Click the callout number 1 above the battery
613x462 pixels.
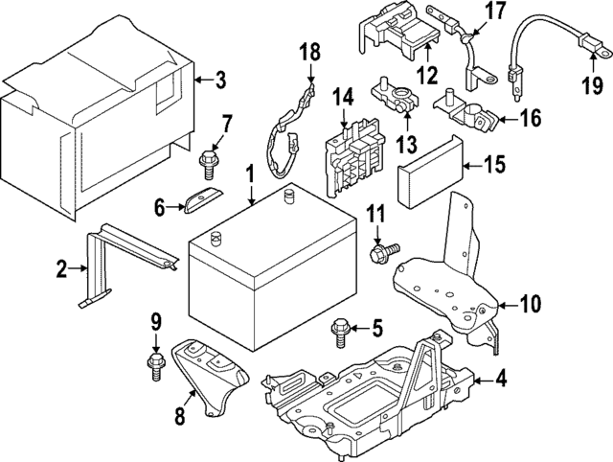[x=249, y=174]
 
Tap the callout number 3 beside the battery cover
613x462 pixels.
[x=220, y=81]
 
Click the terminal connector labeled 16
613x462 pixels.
[x=470, y=117]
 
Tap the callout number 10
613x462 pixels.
[x=530, y=305]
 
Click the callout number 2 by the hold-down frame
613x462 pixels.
[x=61, y=270]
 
